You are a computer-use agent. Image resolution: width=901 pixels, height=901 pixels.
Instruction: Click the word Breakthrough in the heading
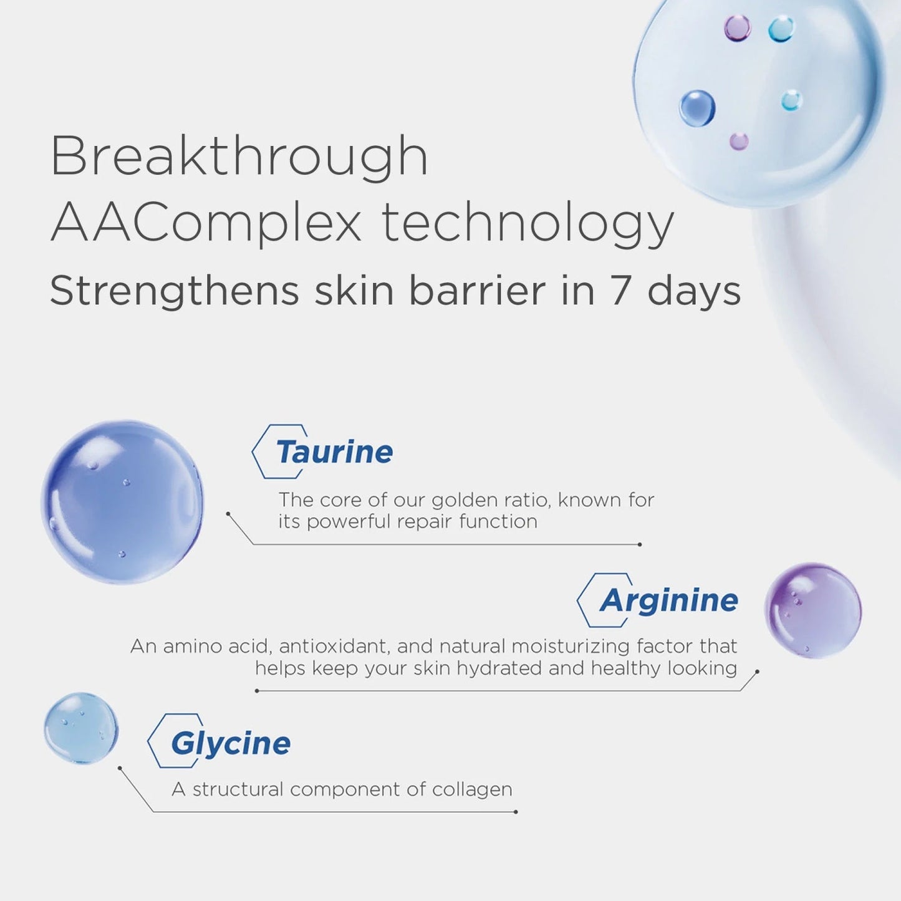pos(239,157)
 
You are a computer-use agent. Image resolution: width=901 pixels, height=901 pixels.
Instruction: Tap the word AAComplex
pos(206,223)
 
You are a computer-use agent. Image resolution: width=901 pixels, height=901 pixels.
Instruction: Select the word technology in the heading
pos(528,224)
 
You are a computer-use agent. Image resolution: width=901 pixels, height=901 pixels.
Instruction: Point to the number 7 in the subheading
pos(619,291)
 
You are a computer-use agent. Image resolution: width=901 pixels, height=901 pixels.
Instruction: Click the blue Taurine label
pos(334,452)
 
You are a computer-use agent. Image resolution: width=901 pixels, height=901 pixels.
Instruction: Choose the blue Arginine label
pos(669,600)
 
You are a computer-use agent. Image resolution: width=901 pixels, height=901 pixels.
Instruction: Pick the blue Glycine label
pos(231,743)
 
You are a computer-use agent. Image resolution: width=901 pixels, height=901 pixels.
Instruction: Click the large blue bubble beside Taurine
pos(122,502)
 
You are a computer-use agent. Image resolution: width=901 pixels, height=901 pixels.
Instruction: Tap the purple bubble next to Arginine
pos(813,610)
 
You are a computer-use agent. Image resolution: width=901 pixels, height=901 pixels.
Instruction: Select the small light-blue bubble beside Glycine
pos(81,728)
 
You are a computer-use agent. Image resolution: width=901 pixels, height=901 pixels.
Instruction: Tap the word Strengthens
pos(175,291)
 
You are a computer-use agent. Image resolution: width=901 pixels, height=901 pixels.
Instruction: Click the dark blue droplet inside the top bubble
pos(697,108)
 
